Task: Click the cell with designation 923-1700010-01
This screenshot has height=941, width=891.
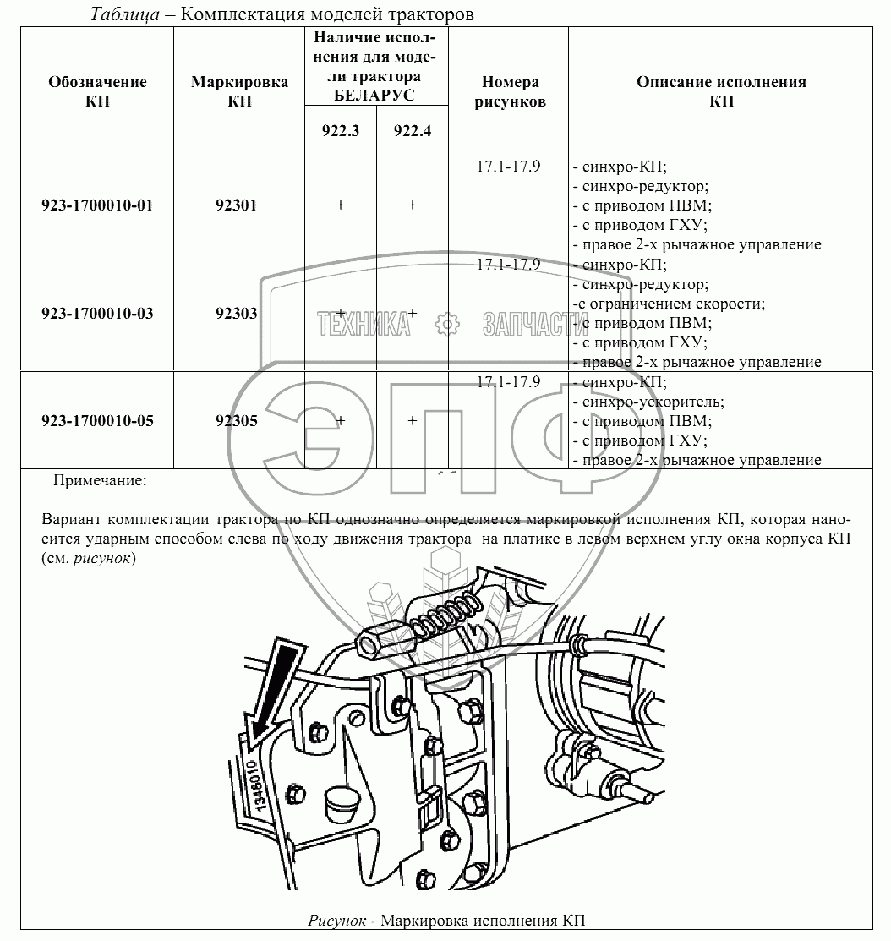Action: tap(97, 205)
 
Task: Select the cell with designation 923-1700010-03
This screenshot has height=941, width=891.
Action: tap(97, 313)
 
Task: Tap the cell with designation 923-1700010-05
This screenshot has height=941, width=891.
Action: tap(97, 420)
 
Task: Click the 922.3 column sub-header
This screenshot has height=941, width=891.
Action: tap(340, 131)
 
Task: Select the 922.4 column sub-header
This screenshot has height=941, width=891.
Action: tap(412, 131)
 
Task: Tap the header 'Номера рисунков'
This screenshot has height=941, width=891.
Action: tap(509, 91)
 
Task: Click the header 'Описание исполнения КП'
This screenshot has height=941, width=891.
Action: tap(720, 91)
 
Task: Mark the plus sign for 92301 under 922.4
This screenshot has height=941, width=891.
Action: tap(412, 205)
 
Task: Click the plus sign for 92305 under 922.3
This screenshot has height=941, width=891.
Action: tap(340, 420)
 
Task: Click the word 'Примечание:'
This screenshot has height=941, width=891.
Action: tap(100, 480)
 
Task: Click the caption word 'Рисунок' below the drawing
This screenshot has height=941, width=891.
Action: tap(336, 920)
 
